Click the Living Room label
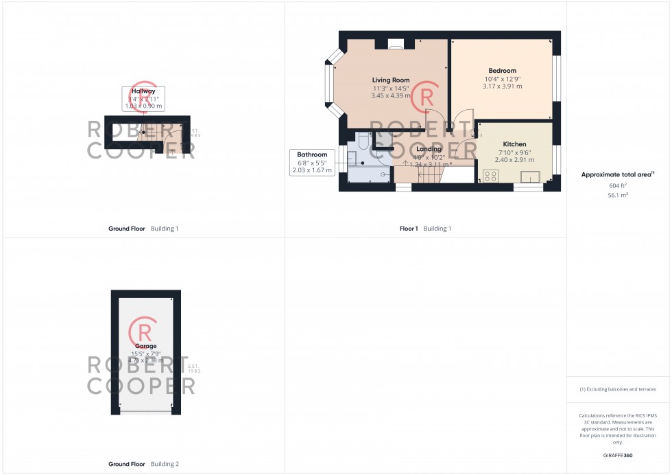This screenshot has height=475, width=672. pyautogui.click(x=391, y=80)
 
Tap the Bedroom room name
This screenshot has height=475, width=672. pyautogui.click(x=502, y=71)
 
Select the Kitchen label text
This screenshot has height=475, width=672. pyautogui.click(x=514, y=144)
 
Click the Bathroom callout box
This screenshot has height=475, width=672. pyautogui.click(x=312, y=162)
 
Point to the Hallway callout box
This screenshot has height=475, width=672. pyautogui.click(x=143, y=98)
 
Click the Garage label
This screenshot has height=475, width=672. pyautogui.click(x=145, y=346)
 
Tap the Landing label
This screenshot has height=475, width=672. pyautogui.click(x=429, y=149)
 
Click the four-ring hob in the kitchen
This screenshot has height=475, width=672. pyautogui.click(x=490, y=176)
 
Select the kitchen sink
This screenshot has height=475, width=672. pyautogui.click(x=530, y=177)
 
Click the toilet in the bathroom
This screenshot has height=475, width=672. pyautogui.click(x=363, y=141)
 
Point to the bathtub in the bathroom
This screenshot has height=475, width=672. pyautogui.click(x=370, y=174)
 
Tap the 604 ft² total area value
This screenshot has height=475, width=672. pyautogui.click(x=618, y=186)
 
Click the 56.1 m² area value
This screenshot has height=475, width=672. pyautogui.click(x=618, y=195)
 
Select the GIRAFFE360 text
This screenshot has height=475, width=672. pyautogui.click(x=618, y=455)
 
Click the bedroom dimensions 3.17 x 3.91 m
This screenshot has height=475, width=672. pyautogui.click(x=502, y=86)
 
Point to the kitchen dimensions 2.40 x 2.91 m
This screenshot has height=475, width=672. pyautogui.click(x=514, y=159)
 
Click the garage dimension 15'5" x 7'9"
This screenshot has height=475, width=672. pyautogui.click(x=145, y=354)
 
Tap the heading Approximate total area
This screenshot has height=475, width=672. pyautogui.click(x=616, y=174)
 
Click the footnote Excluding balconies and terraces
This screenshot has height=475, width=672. pyautogui.click(x=618, y=389)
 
